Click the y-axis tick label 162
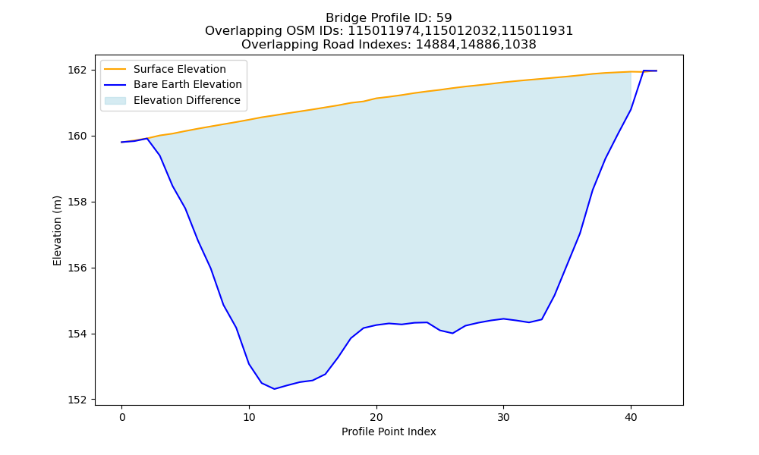pyautogui.click(x=78, y=70)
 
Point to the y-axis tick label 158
pyautogui.click(x=78, y=202)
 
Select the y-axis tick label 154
pyautogui.click(x=78, y=334)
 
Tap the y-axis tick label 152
pyautogui.click(x=78, y=400)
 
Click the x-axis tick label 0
pyautogui.click(x=121, y=418)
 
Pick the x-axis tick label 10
pyautogui.click(x=249, y=418)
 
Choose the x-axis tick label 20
pyautogui.click(x=376, y=418)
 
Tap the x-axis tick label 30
pyautogui.click(x=503, y=418)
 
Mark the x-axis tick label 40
pyautogui.click(x=631, y=418)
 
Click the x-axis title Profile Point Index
pyautogui.click(x=389, y=431)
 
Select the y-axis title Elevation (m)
pyautogui.click(x=57, y=231)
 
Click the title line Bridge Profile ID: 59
pyautogui.click(x=389, y=18)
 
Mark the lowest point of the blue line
pyautogui.click(x=275, y=389)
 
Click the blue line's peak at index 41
pyautogui.click(x=644, y=71)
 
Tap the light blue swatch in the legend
pyautogui.click(x=115, y=101)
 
